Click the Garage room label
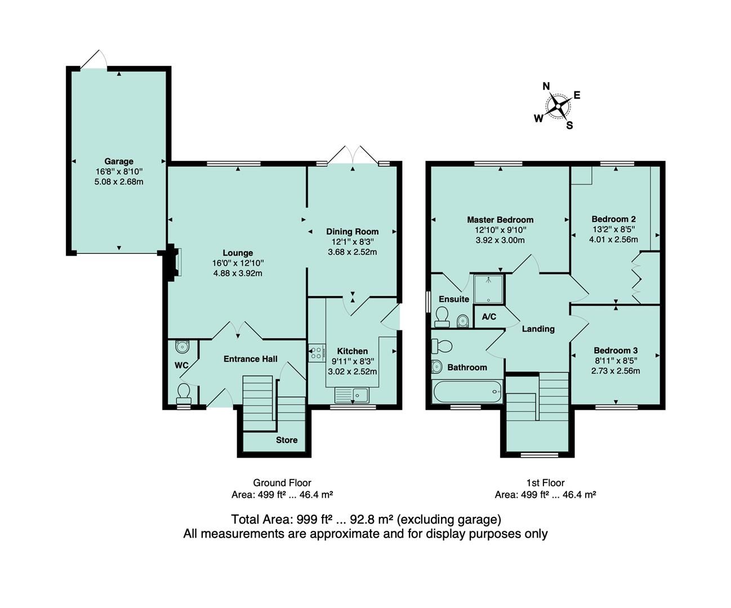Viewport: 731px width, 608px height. click(x=118, y=162)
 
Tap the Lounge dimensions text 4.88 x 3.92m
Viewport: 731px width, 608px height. click(x=238, y=274)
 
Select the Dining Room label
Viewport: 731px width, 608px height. click(x=352, y=231)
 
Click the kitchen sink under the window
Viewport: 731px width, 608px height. click(x=352, y=395)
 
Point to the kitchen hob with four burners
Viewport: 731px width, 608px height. click(x=316, y=353)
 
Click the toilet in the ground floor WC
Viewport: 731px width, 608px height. click(x=183, y=390)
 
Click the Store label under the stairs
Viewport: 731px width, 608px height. click(x=286, y=440)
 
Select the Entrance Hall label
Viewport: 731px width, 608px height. click(x=250, y=359)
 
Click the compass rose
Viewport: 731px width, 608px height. click(x=558, y=105)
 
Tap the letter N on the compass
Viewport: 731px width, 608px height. click(x=546, y=86)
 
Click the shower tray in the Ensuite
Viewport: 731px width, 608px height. click(x=488, y=288)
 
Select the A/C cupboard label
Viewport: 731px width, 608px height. click(x=489, y=317)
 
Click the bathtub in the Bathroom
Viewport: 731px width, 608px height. click(x=467, y=391)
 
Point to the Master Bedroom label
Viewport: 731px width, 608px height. click(x=500, y=220)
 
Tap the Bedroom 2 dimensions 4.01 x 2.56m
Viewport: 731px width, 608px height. click(x=613, y=239)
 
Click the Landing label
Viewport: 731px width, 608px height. click(x=538, y=329)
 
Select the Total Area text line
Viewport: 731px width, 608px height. click(x=365, y=519)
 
